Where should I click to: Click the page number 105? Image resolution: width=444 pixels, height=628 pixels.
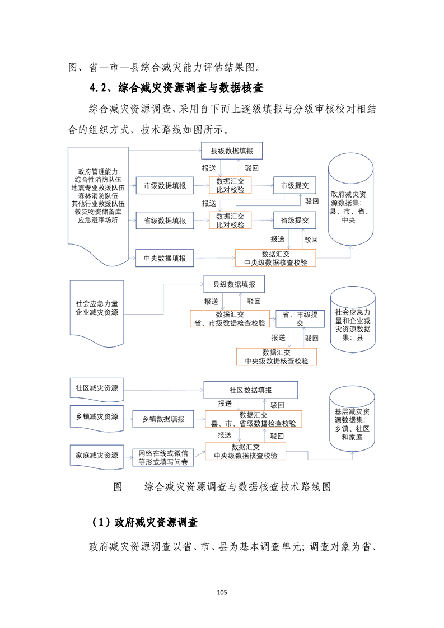[x=222, y=593]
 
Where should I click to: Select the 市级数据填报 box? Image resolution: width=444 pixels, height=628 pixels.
[x=165, y=185]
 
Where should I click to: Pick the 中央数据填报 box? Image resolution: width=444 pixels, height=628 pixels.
[x=165, y=259]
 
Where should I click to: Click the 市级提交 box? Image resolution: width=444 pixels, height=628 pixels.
[x=295, y=185]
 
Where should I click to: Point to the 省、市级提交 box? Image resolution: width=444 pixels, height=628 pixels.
[x=300, y=319]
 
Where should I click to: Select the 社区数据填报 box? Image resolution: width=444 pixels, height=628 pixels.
[x=250, y=390]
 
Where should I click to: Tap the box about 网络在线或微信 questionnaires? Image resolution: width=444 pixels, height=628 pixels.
[x=163, y=457]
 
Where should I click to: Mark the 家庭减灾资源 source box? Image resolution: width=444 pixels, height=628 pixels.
[x=97, y=454]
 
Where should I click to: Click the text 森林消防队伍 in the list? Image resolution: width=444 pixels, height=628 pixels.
[x=99, y=196]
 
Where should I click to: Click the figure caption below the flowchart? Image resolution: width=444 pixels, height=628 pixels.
[x=223, y=486]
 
